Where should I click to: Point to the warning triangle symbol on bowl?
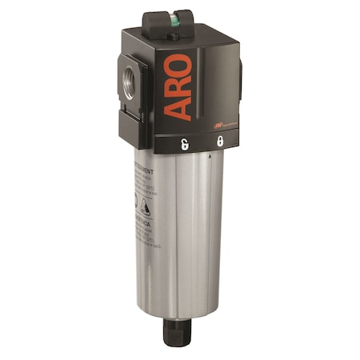tap(147, 206)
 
